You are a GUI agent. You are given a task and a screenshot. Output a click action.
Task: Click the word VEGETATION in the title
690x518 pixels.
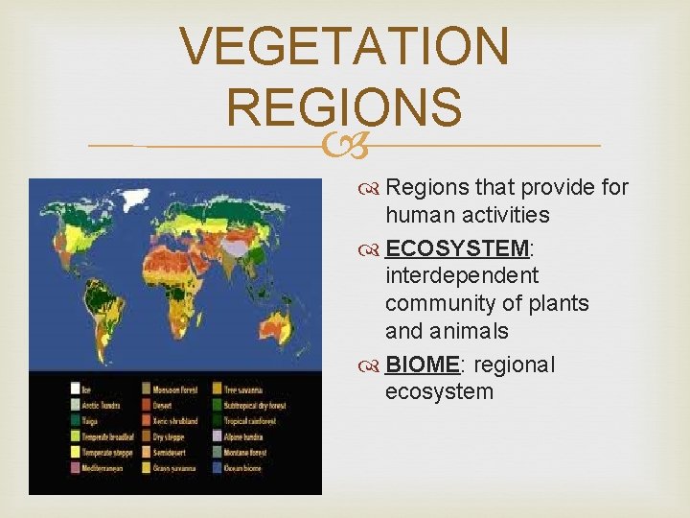pyautogui.click(x=345, y=46)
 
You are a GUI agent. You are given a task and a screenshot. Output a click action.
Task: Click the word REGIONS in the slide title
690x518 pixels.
pyautogui.click(x=345, y=106)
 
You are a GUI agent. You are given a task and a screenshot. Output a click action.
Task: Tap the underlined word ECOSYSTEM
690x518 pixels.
pyautogui.click(x=457, y=248)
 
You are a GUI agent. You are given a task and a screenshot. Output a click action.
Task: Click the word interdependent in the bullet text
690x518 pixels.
pyautogui.click(x=462, y=276)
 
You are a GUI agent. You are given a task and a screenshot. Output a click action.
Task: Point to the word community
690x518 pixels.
pyautogui.click(x=443, y=304)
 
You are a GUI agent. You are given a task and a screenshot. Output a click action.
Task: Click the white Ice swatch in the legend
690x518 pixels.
pyautogui.click(x=75, y=388)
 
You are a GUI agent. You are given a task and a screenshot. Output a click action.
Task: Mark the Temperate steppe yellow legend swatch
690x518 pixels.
pyautogui.click(x=75, y=452)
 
